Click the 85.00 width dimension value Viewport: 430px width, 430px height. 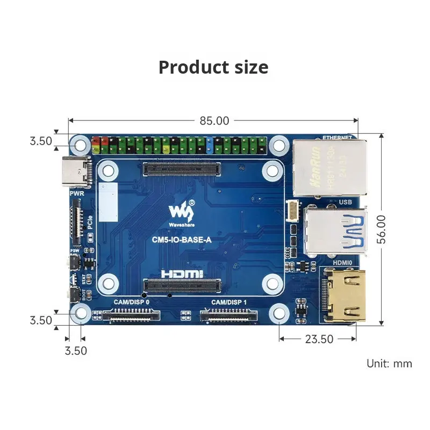pos(214,121)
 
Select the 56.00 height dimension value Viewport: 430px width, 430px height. pos(381,230)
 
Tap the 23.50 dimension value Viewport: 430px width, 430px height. pos(319,339)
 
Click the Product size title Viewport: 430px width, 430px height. pos(213,67)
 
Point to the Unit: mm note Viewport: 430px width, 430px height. pos(389,363)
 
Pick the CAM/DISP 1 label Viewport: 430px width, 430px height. pos(228,302)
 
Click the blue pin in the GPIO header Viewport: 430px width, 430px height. pos(207,144)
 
